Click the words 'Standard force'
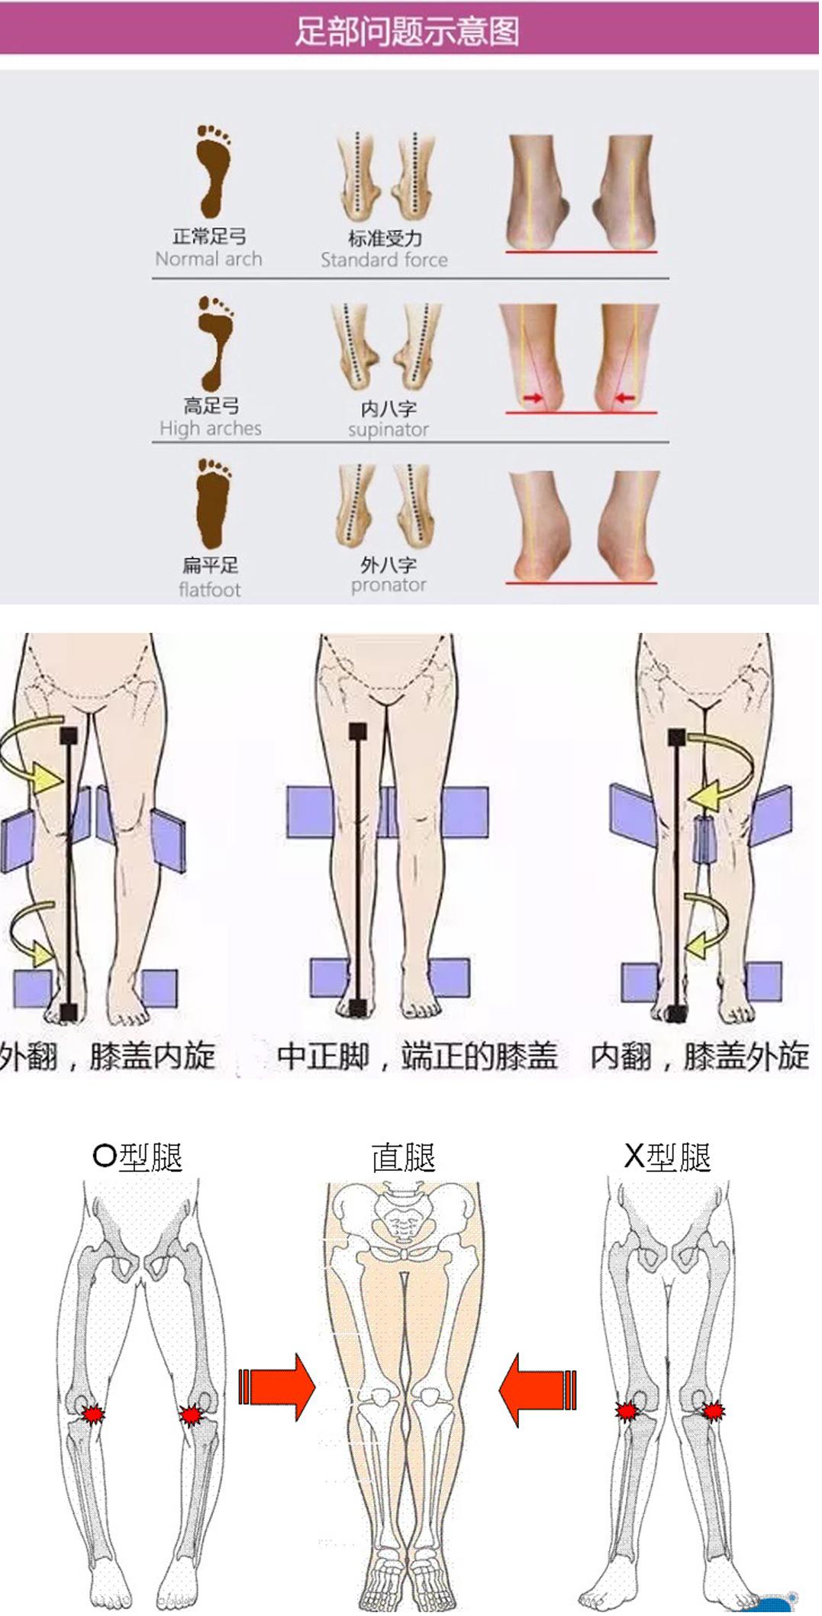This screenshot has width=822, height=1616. click(384, 260)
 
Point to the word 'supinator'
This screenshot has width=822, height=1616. click(388, 430)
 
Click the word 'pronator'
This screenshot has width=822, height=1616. click(388, 585)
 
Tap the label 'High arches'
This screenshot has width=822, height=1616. click(210, 428)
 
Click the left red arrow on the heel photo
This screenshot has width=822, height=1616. click(533, 398)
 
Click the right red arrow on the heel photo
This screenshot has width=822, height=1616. click(625, 398)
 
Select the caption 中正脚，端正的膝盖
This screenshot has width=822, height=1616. click(417, 1056)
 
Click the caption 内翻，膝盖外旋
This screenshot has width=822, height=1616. click(699, 1056)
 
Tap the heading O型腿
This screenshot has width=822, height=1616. click(137, 1157)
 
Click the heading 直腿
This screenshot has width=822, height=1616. click(403, 1157)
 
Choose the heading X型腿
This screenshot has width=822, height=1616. click(667, 1157)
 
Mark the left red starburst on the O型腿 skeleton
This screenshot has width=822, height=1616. click(93, 1414)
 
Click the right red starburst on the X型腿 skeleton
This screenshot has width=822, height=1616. click(713, 1411)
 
